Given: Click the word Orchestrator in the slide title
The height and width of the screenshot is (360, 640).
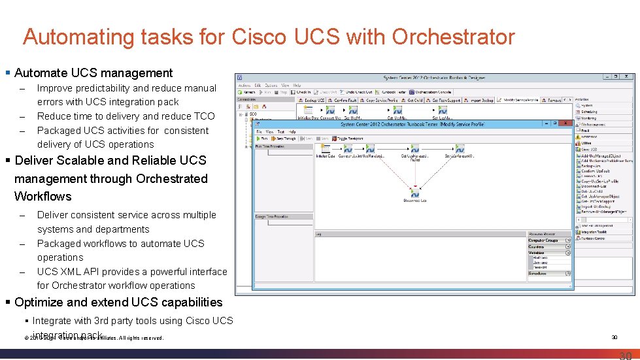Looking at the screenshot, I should [x=454, y=37].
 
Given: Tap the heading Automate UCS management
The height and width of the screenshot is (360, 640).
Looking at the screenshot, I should [x=93, y=73].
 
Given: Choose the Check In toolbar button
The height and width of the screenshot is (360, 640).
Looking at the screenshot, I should [x=301, y=92].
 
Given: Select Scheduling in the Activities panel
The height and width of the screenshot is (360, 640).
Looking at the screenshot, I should [x=589, y=112].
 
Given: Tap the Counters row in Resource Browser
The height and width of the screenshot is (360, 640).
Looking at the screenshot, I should [x=537, y=247].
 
